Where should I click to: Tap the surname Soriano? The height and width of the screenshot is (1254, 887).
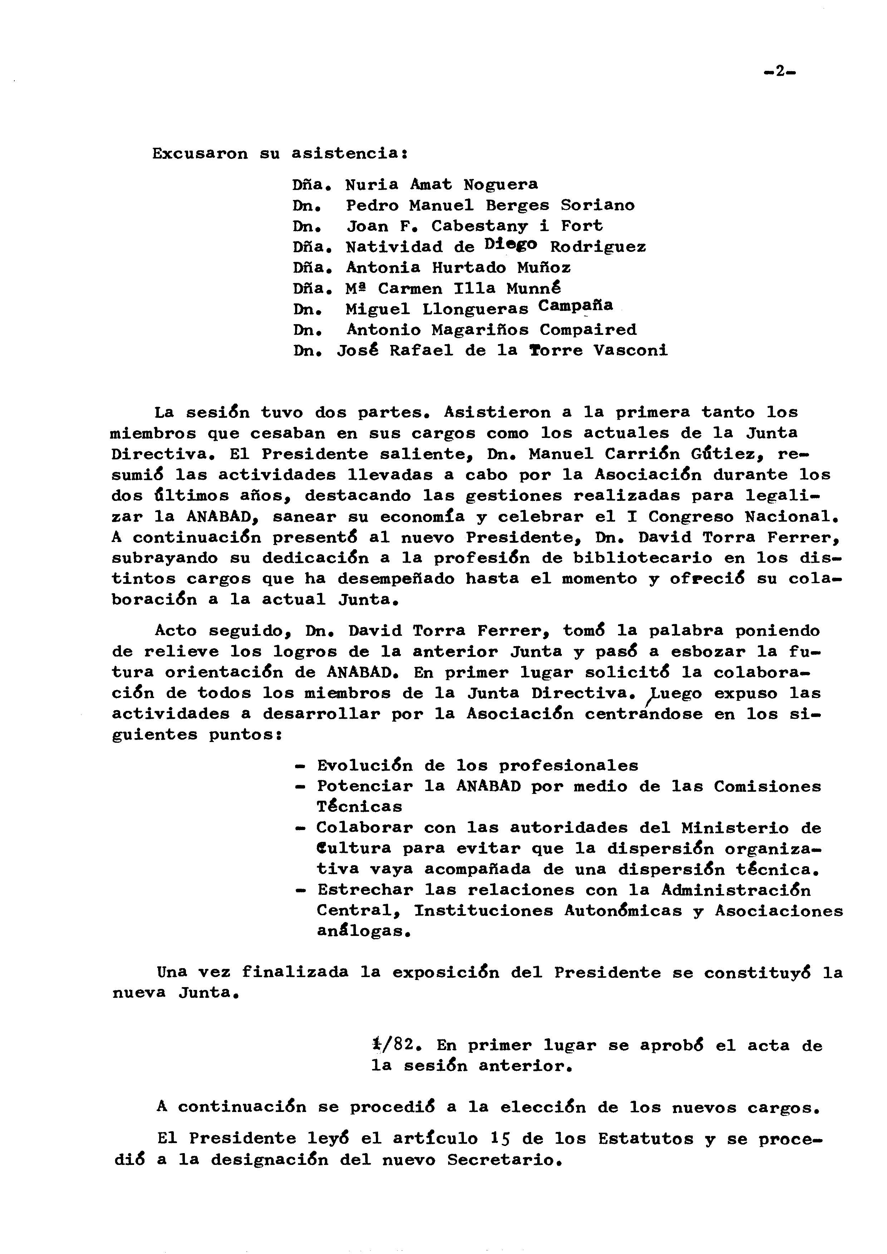click(598, 206)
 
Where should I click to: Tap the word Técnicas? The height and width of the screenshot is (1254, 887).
click(359, 807)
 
